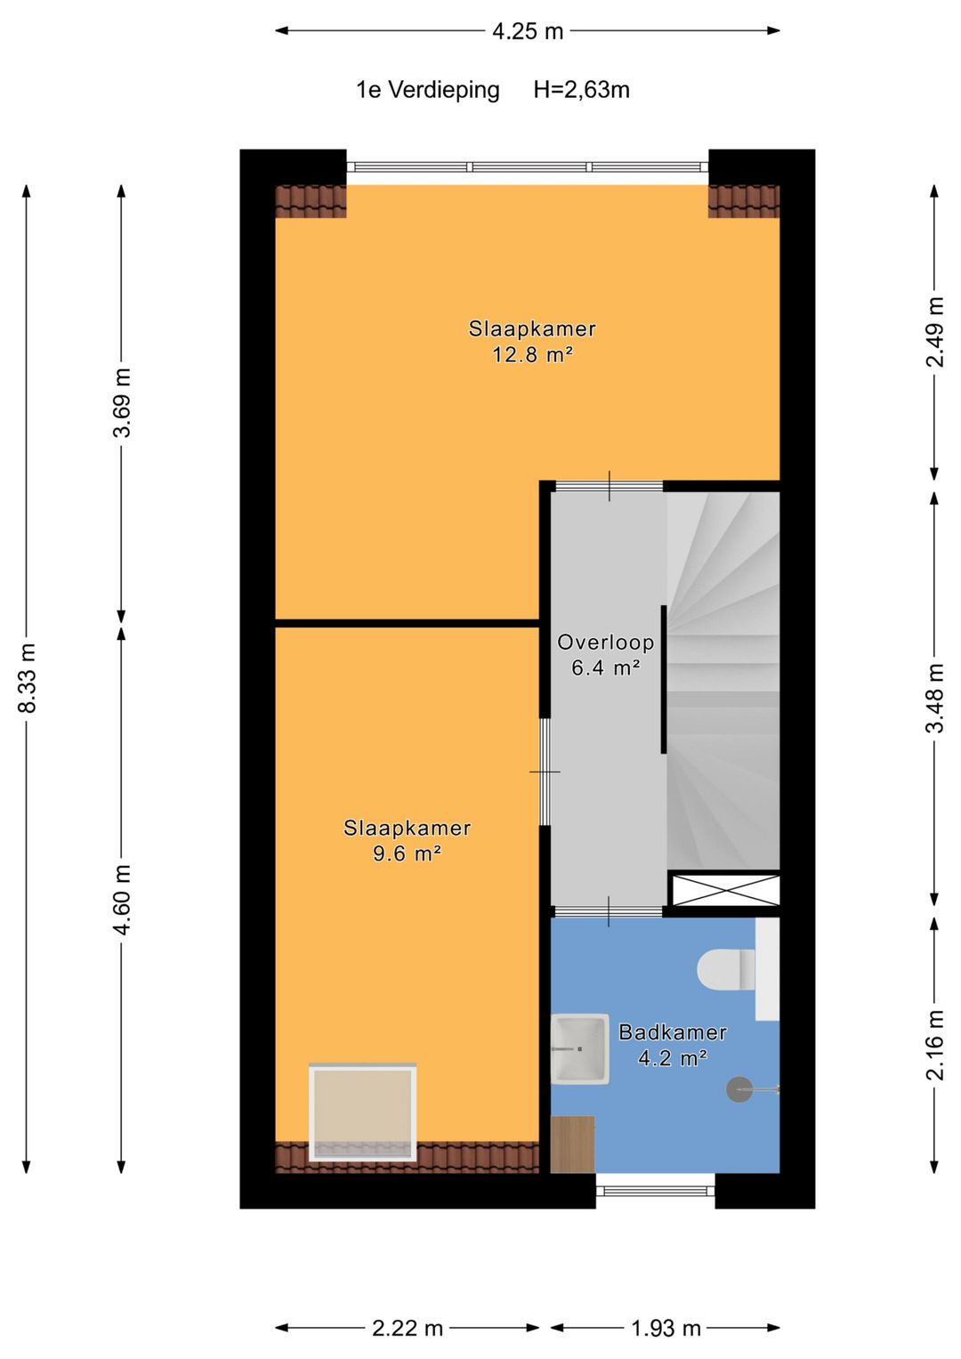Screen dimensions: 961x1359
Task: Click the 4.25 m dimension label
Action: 527,31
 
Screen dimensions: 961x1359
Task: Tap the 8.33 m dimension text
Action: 28,676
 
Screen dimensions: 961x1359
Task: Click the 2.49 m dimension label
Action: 935,332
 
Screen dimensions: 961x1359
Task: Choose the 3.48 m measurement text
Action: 935,699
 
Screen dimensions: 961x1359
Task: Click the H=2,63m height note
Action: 581,90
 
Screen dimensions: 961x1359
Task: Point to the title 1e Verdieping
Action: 428,91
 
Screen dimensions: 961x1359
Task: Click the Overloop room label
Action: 605,643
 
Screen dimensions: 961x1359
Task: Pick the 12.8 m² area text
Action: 532,354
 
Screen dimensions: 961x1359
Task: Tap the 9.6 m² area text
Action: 407,853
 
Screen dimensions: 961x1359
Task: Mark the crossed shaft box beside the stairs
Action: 723,889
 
